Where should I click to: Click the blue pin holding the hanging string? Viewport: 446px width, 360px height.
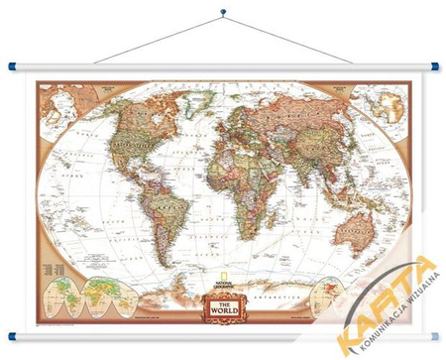click(x=223, y=13)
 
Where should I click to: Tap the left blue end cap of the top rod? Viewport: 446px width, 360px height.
click(x=11, y=66)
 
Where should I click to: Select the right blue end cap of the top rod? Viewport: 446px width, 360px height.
click(x=434, y=66)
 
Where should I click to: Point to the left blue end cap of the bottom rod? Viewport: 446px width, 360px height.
click(x=11, y=335)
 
